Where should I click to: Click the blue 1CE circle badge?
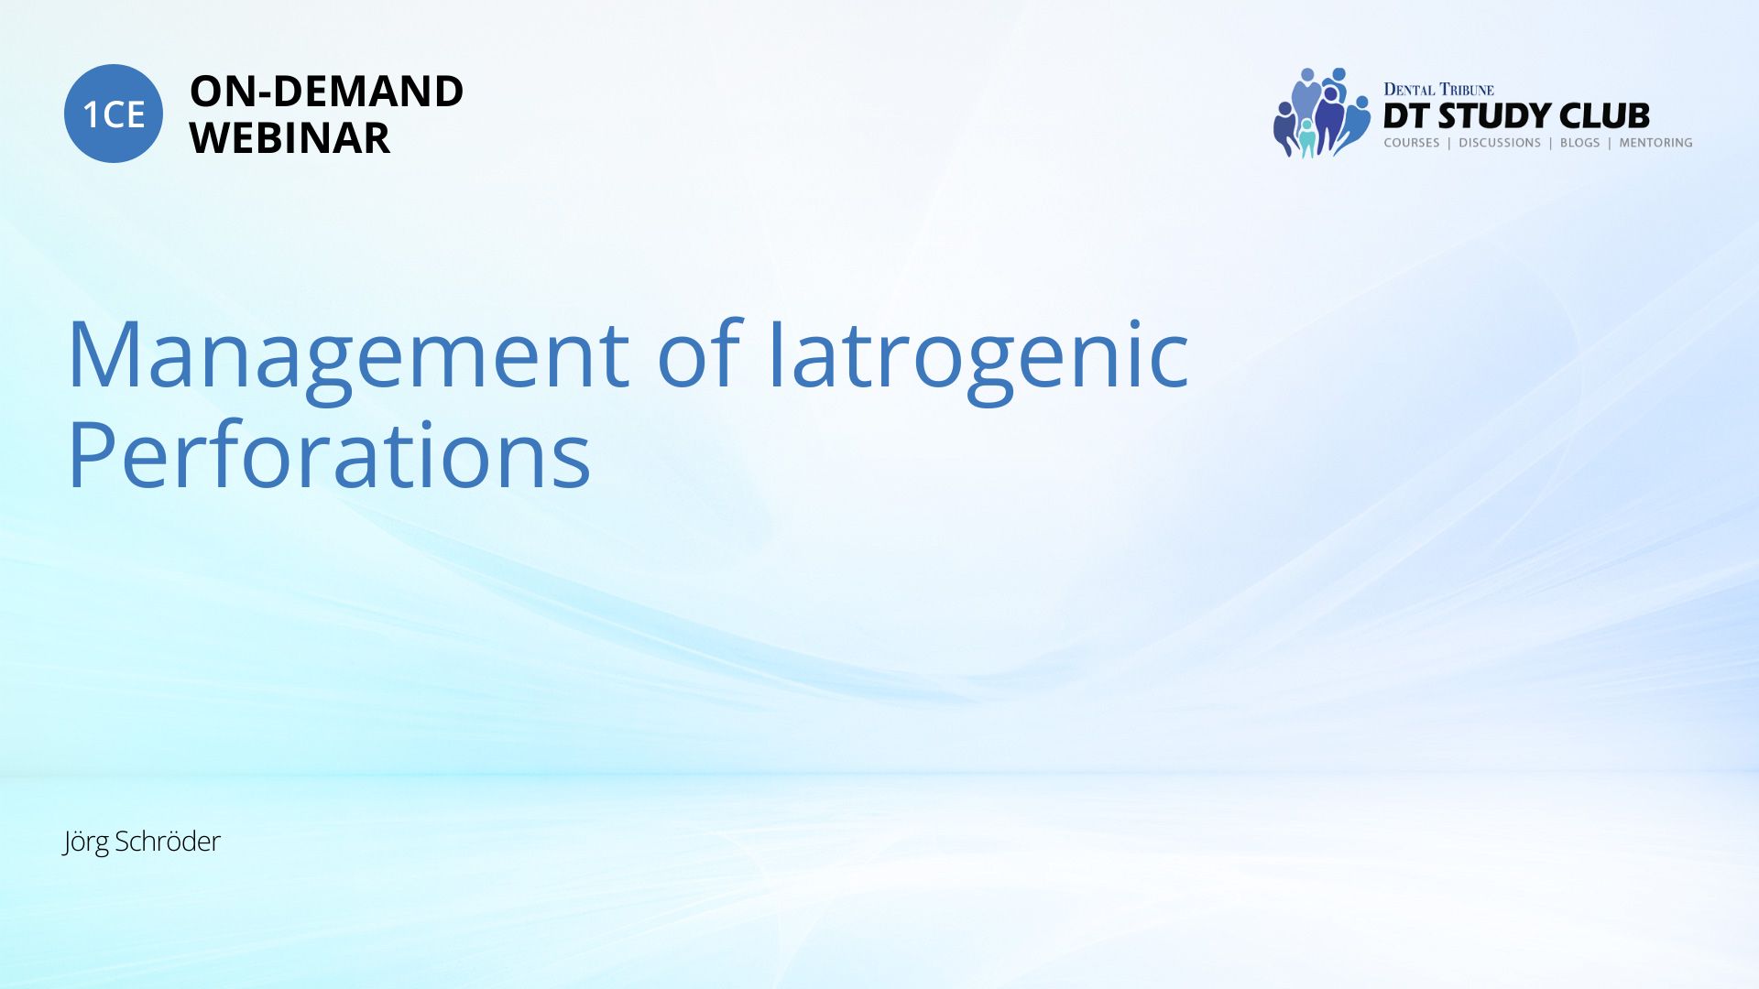pos(114,114)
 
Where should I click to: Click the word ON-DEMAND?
pos(326,92)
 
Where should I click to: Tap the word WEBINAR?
pos(290,138)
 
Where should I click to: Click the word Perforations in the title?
pos(329,454)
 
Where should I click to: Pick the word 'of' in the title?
pos(698,352)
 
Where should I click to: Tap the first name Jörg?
pos(85,842)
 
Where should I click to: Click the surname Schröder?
pos(168,841)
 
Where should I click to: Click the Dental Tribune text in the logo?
pos(1438,90)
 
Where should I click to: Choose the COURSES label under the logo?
pos(1411,143)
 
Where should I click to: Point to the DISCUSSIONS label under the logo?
pos(1500,143)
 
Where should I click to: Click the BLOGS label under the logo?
pos(1579,143)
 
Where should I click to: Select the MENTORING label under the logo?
pos(1655,143)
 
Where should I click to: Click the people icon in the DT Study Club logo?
pos(1321,113)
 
